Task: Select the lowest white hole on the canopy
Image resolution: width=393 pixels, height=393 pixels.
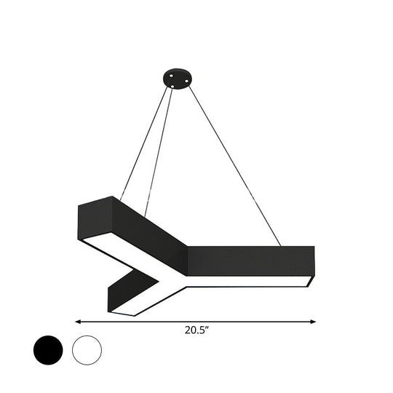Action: pos(172,86)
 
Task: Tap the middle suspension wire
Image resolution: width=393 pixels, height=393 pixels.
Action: pos(161,146)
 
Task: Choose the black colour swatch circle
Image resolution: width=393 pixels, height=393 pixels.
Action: pos(48,351)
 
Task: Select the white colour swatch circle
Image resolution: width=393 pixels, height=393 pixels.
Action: pos(87,351)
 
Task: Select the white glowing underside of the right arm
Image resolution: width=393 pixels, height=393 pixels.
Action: pos(247,280)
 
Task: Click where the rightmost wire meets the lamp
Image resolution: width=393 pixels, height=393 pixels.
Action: pos(281,245)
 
